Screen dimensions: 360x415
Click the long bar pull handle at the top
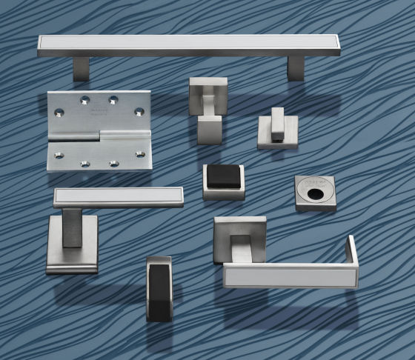(x=189, y=46)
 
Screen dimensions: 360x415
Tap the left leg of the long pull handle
(x=82, y=68)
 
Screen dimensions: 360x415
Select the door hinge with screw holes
(x=99, y=130)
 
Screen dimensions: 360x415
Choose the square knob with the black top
(x=223, y=181)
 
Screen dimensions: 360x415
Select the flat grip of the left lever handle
(x=118, y=197)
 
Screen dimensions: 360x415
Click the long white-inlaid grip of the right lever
(x=289, y=275)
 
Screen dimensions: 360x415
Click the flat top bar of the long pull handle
(x=189, y=44)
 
